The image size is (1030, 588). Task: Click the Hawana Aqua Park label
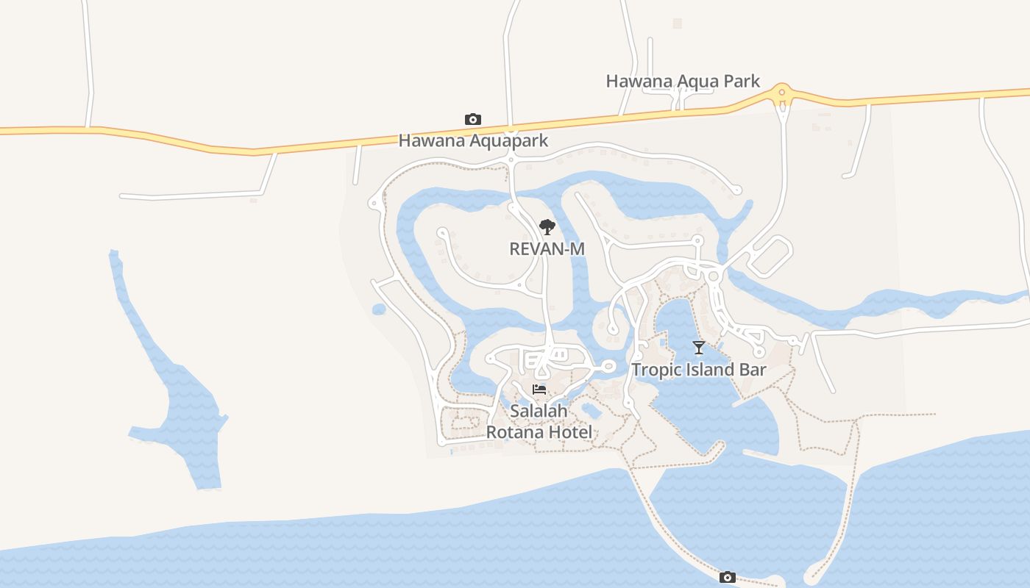(x=683, y=81)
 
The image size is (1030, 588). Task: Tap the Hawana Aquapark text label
(x=473, y=140)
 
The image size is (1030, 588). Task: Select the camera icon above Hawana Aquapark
(x=473, y=119)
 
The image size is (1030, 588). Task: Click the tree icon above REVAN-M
(x=547, y=226)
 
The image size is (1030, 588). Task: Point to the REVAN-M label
(x=547, y=249)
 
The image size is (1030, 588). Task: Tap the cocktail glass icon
(x=699, y=348)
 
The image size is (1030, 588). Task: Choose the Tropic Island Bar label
(x=699, y=370)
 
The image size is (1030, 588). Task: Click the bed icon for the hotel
(x=539, y=390)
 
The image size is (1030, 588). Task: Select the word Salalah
(x=539, y=412)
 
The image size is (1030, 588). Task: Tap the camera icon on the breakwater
(x=727, y=577)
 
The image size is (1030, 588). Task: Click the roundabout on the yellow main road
(x=782, y=93)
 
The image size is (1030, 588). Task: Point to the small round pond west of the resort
(x=379, y=309)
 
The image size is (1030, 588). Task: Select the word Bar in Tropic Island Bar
(x=752, y=370)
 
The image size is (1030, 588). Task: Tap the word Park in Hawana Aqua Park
(x=740, y=81)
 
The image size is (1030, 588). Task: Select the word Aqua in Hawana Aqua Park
(x=695, y=81)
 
